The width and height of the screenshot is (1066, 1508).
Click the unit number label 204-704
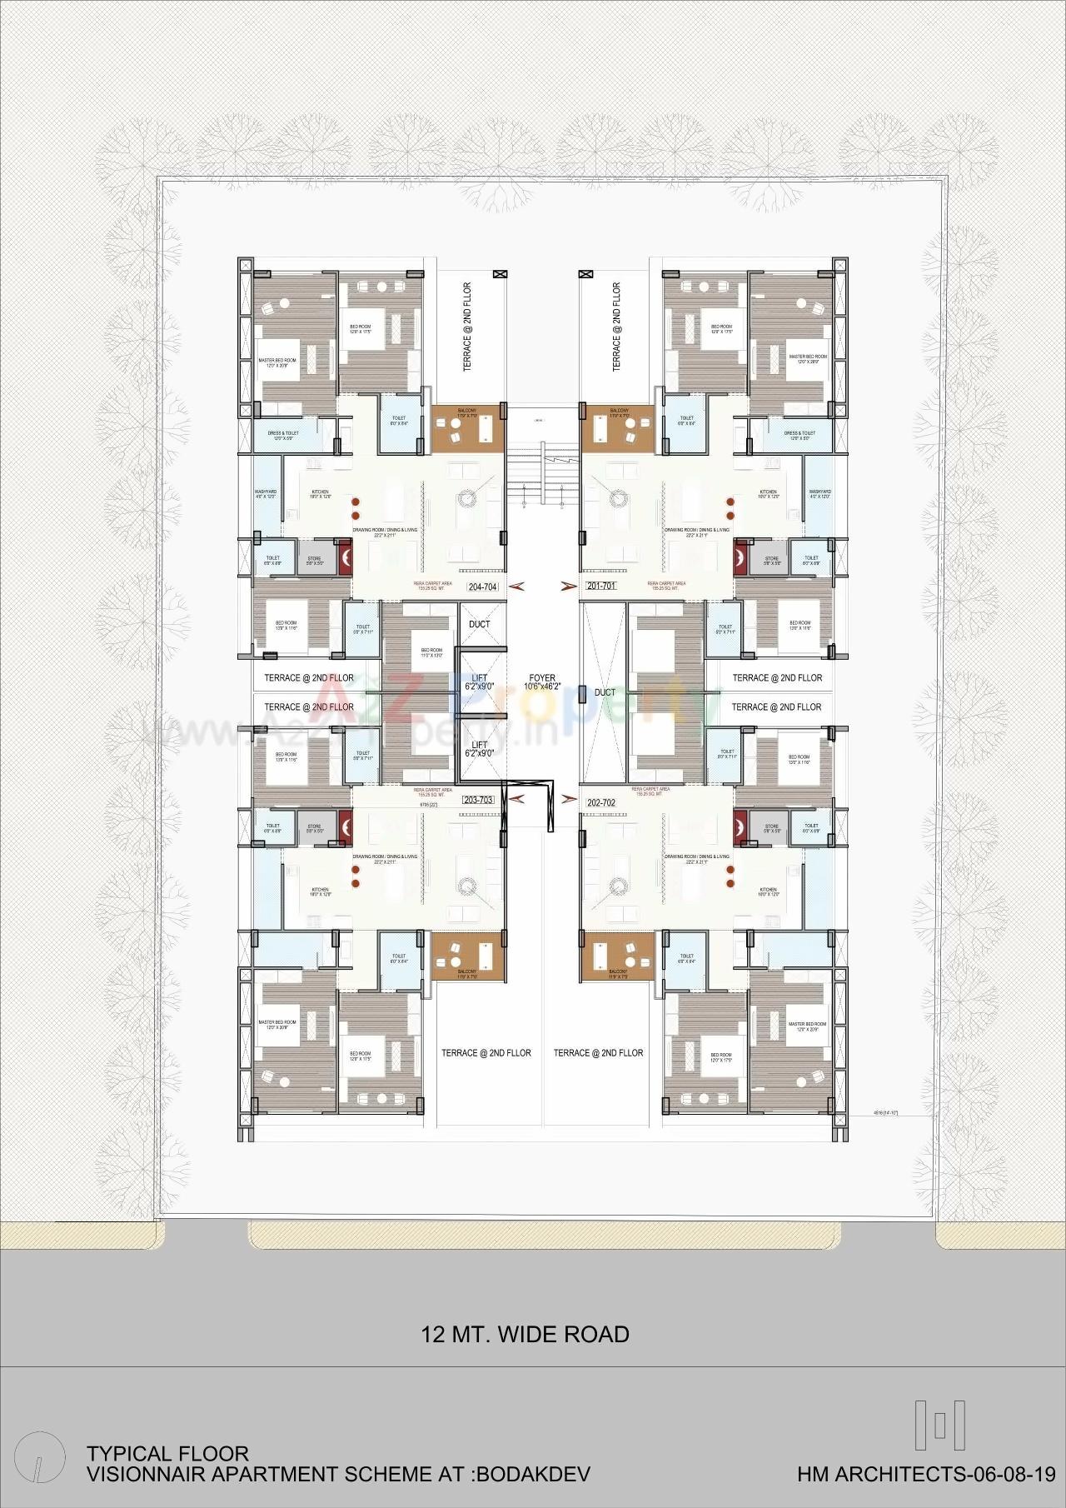pyautogui.click(x=483, y=587)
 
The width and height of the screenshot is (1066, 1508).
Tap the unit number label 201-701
pyautogui.click(x=600, y=586)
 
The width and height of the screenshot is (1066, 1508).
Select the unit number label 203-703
pyautogui.click(x=478, y=800)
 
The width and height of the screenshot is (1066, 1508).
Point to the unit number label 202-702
pyautogui.click(x=600, y=802)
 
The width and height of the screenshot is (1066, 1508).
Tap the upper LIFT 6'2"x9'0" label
pyautogui.click(x=480, y=683)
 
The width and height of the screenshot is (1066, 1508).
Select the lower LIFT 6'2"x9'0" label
pyautogui.click(x=480, y=748)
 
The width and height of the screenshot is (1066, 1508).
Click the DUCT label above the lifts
pyautogui.click(x=480, y=624)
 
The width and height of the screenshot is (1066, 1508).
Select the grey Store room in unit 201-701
pyautogui.click(x=771, y=562)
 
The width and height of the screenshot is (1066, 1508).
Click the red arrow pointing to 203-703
pyautogui.click(x=516, y=799)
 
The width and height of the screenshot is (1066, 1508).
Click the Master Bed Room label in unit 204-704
pyautogui.click(x=277, y=363)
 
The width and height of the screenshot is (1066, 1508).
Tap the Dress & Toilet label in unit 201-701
pyautogui.click(x=799, y=436)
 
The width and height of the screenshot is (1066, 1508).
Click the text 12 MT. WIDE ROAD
pyautogui.click(x=525, y=1334)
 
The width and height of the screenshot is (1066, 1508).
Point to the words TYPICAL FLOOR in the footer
pyautogui.click(x=167, y=1454)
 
